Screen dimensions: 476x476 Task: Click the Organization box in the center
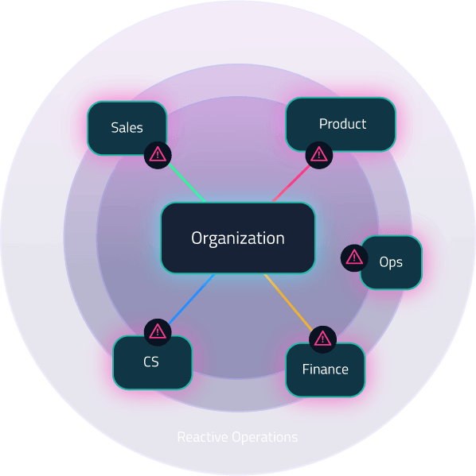tap(238, 238)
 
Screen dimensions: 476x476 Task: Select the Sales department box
tap(127, 128)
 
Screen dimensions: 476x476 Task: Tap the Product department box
tap(341, 124)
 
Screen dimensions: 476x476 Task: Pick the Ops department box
tap(391, 262)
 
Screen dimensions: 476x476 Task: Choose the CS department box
tap(152, 362)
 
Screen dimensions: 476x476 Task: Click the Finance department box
tap(325, 370)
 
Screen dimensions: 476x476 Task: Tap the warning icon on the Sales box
tap(158, 155)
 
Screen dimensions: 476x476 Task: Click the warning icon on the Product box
tap(318, 155)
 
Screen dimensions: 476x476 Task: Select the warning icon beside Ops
tap(354, 258)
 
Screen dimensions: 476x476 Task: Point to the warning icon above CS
tap(158, 332)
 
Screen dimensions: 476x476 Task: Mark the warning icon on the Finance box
tap(322, 339)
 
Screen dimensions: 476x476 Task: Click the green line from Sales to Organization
tap(187, 183)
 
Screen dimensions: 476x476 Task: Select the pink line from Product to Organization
tap(291, 184)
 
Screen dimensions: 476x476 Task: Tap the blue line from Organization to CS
tap(192, 299)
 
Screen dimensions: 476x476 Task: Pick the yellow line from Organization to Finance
tap(288, 302)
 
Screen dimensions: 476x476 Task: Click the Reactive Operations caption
tap(237, 437)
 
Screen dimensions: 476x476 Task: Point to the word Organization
tap(238, 238)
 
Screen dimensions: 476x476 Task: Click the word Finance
tap(325, 370)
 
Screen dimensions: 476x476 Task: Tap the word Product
tap(342, 124)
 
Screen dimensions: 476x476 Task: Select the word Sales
tap(127, 128)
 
